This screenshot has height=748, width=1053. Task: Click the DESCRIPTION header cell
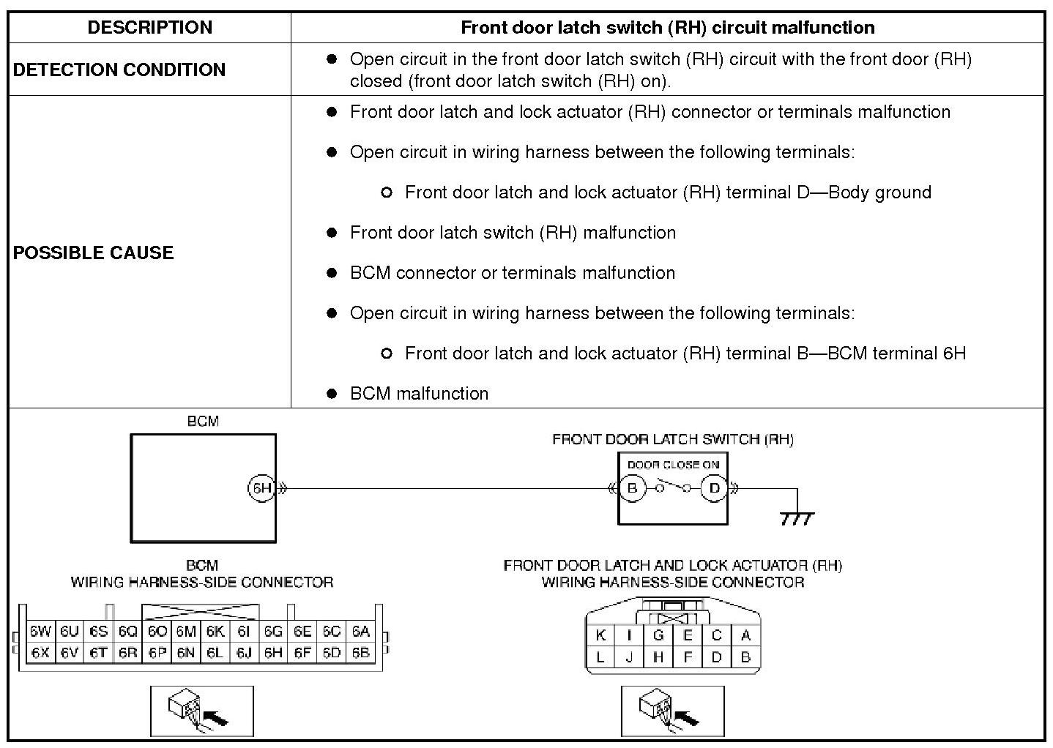(149, 28)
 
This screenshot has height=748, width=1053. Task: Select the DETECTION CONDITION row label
(119, 70)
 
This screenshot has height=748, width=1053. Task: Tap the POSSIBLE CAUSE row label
(94, 253)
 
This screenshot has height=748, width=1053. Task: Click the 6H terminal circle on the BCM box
(261, 488)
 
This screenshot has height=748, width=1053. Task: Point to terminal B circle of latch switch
(633, 488)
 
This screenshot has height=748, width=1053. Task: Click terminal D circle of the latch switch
(714, 488)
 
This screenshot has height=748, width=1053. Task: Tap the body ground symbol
(797, 517)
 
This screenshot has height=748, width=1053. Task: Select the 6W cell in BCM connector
(40, 632)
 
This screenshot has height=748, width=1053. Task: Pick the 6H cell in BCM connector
(273, 652)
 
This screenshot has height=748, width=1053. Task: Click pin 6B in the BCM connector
(360, 652)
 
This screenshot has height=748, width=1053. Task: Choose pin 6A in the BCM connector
(360, 632)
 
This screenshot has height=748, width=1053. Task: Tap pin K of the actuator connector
(600, 635)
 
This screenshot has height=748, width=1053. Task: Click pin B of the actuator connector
(745, 657)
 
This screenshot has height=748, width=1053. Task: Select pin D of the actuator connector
(716, 657)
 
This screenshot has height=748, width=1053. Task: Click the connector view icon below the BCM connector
(202, 711)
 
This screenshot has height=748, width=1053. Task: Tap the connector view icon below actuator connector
(672, 711)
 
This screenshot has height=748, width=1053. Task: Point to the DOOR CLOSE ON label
(673, 465)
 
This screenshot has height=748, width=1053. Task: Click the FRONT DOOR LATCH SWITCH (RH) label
(672, 439)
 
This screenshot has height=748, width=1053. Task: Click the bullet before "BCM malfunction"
(332, 394)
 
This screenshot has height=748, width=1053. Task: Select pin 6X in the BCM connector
(40, 652)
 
